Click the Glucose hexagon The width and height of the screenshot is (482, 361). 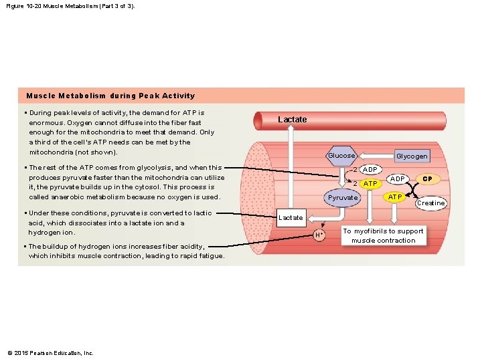point(341,156)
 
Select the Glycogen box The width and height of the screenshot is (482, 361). point(412,156)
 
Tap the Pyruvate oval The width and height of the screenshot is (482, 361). point(343,199)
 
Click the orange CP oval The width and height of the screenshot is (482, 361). point(427,179)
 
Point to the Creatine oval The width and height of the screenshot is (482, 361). point(430,203)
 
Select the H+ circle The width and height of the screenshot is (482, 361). point(319,235)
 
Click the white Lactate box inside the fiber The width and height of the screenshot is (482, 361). point(291,218)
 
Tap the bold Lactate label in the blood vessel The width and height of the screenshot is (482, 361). point(293,120)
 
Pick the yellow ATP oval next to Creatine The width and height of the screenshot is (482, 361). point(396,197)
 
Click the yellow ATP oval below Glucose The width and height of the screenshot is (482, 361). point(370,183)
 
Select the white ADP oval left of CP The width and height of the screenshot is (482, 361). point(398,179)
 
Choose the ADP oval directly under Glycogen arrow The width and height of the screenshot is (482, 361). point(370,169)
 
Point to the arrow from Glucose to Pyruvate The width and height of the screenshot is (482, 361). point(342,177)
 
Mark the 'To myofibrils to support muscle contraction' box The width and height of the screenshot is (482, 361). point(384,236)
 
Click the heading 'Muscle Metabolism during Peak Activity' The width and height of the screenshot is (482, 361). point(110,96)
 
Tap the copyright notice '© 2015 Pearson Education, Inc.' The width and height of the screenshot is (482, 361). point(50,353)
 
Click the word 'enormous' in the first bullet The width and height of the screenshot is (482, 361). point(47,123)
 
